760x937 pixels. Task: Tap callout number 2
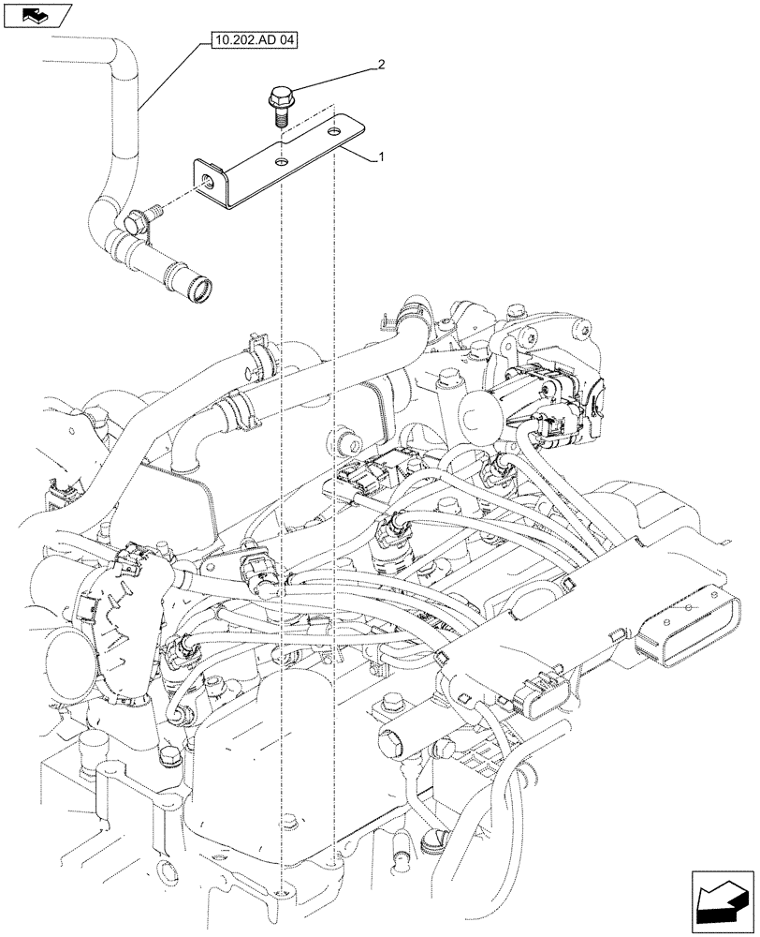click(381, 65)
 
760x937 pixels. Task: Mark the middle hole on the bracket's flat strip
click(278, 161)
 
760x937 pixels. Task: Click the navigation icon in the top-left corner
click(36, 14)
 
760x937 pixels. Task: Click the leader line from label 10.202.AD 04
click(169, 79)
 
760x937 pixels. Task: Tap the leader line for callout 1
click(360, 154)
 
